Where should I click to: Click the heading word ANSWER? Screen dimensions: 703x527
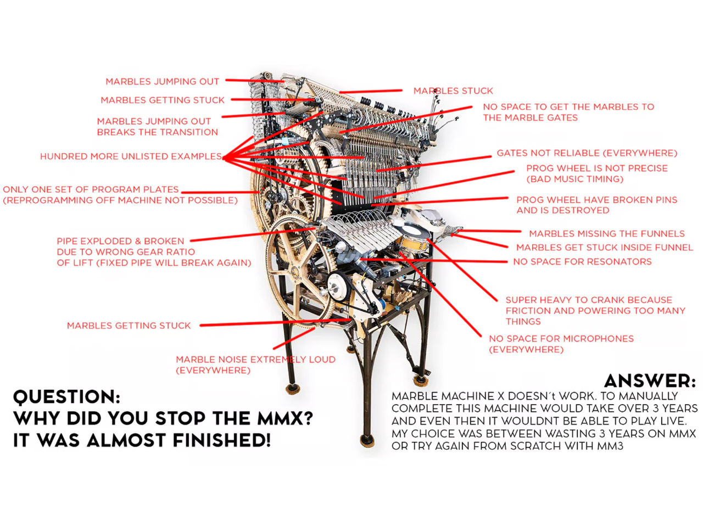click(650, 380)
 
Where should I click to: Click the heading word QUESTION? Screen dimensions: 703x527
click(66, 396)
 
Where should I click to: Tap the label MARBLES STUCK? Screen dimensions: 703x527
click(453, 91)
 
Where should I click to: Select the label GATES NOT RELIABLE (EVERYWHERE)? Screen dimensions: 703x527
click(587, 153)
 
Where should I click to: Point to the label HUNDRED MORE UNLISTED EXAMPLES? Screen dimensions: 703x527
click(131, 156)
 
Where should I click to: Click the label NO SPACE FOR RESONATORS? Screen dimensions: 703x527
click(582, 261)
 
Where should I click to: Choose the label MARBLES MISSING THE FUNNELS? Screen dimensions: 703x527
click(606, 234)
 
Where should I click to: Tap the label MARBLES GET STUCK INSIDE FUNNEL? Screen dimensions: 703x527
click(604, 248)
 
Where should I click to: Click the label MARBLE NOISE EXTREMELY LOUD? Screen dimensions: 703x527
click(255, 360)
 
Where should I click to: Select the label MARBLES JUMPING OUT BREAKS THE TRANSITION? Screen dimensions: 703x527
click(157, 127)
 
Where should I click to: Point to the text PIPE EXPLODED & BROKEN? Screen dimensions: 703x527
click(120, 241)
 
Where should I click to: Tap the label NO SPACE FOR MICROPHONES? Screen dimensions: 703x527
click(561, 339)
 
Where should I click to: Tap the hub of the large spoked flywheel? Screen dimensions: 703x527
click(294, 272)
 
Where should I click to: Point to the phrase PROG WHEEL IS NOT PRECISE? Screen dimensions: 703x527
click(597, 169)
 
